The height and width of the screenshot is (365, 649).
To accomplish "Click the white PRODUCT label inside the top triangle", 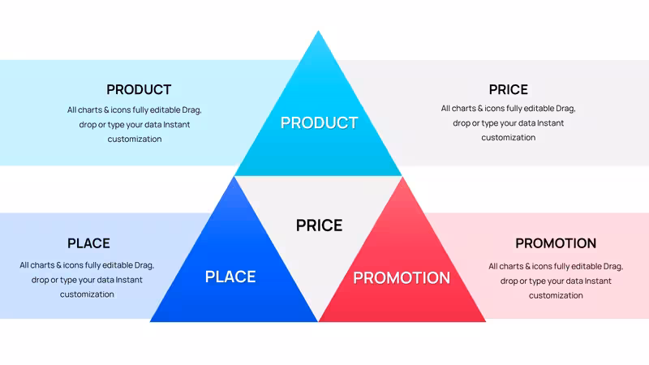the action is [319, 122].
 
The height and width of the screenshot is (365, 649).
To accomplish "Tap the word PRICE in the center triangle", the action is [319, 225].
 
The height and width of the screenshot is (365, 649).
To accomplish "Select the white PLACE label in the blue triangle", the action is [230, 277].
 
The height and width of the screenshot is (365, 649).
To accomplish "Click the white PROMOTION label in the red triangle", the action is [402, 277].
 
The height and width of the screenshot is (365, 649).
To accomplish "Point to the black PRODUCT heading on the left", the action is [139, 89].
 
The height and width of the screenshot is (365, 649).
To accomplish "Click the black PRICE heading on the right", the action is [509, 89].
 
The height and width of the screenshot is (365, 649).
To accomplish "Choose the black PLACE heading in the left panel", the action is [88, 243].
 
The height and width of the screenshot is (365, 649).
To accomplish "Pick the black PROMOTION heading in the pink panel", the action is [556, 243].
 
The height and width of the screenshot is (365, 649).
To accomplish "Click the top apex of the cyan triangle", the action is [318, 31].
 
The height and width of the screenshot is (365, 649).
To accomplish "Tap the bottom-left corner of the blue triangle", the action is [150, 321].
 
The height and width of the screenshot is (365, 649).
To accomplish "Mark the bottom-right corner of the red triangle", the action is [485, 321].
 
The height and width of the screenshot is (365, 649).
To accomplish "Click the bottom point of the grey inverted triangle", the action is [318, 320].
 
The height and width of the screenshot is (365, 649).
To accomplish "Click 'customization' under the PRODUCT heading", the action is [135, 139].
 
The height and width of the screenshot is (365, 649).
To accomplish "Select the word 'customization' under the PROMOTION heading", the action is [556, 295].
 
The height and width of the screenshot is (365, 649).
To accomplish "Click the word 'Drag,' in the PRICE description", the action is [565, 109].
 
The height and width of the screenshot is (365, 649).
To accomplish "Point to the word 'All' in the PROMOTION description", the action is [493, 266].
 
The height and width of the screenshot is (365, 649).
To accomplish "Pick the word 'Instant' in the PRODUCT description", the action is [176, 125].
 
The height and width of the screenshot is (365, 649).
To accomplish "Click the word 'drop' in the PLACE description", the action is [40, 280].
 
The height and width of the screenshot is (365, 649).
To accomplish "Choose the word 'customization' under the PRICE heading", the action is [509, 137].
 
